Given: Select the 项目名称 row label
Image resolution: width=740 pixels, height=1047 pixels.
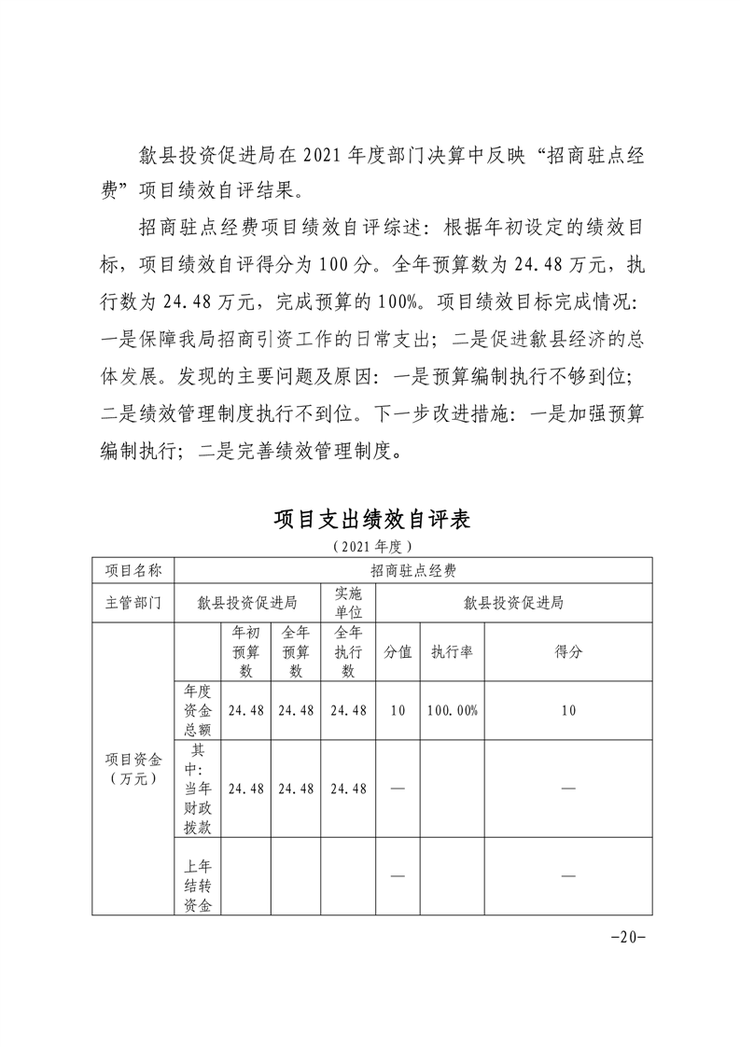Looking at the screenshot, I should click(133, 569).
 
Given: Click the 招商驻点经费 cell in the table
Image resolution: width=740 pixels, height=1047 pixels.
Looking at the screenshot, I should click(412, 569).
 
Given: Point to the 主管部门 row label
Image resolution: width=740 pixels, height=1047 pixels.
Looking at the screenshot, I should click(133, 603).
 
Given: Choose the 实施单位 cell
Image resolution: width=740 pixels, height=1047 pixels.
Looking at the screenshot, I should click(348, 603).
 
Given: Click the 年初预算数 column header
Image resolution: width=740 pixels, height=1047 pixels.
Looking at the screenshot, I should click(246, 651).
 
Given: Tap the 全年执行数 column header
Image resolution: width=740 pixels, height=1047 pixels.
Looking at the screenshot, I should click(348, 651).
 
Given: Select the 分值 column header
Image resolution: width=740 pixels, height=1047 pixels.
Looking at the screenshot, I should click(398, 651).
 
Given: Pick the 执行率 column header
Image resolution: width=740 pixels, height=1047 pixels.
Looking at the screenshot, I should click(453, 651).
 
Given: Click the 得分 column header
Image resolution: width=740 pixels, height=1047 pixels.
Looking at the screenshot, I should click(568, 651).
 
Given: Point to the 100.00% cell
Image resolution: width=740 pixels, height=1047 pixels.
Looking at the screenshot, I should click(453, 710).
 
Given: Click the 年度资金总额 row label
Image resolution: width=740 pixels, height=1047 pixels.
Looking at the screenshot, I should click(197, 710).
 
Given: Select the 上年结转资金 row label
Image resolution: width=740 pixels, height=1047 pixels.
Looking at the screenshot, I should click(197, 876).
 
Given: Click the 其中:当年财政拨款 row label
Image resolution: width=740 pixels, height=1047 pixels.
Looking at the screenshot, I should click(197, 789).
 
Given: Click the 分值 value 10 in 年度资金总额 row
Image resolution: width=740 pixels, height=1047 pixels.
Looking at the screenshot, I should click(398, 710).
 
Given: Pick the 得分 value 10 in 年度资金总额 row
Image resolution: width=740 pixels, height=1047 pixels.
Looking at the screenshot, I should click(568, 710).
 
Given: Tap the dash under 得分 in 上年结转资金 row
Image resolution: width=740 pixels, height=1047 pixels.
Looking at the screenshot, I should click(568, 876).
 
